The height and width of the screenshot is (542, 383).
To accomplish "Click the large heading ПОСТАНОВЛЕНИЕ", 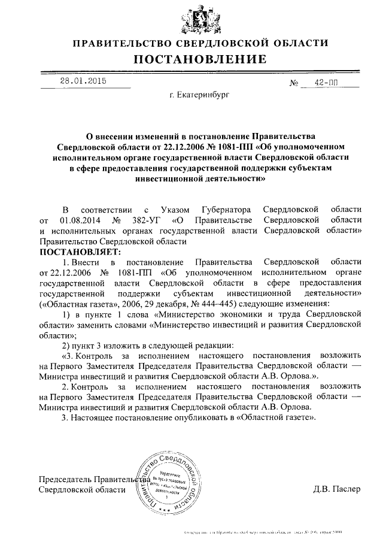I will [x=200, y=59].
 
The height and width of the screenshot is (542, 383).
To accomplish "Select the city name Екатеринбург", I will [x=204, y=95].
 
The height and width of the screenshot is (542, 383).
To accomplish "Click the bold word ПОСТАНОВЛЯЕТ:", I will [x=80, y=252].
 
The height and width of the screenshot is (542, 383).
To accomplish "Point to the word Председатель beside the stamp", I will [x=64, y=479].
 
